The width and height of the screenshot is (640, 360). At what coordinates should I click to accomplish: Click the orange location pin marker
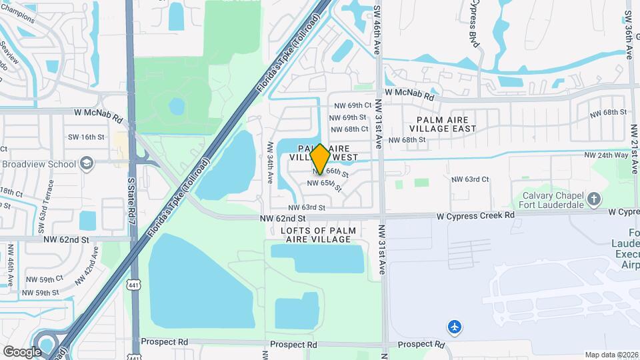coord(320,159)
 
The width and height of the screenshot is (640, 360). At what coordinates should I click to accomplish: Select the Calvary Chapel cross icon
coord(595,199)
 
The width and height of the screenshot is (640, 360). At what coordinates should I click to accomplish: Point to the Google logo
coord(22,351)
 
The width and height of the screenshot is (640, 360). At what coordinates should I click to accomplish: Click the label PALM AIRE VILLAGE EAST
coord(443,123)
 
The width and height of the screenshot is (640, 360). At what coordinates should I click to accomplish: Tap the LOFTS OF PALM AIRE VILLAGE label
coord(318,235)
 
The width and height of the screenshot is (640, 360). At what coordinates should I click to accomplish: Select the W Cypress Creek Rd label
coord(476,215)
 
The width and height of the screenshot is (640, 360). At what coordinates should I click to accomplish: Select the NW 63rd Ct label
coord(470,179)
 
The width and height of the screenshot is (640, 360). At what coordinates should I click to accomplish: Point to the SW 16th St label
coord(87,137)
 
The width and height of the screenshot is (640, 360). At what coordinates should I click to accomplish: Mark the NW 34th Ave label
coord(271,163)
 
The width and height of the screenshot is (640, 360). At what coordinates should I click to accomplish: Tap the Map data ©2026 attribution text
coord(611,355)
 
